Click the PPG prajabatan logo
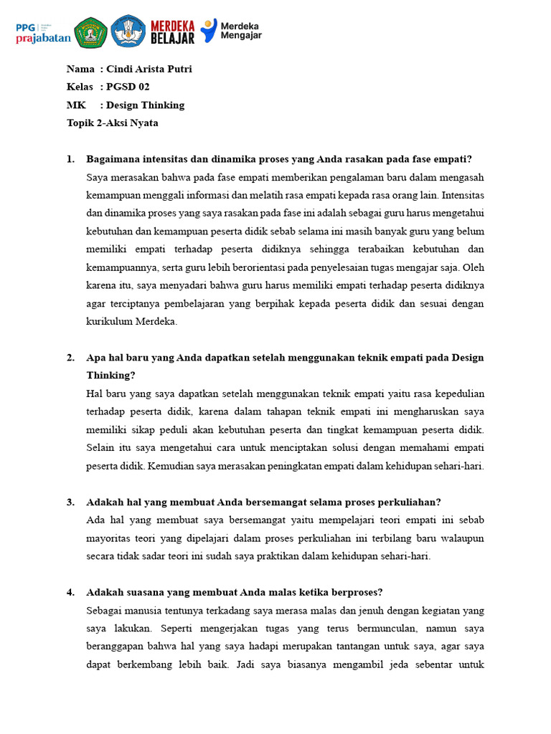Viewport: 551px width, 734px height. [43, 32]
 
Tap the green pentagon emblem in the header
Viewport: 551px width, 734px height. [92, 32]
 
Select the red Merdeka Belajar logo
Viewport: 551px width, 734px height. [171, 32]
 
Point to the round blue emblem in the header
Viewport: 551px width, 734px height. [128, 32]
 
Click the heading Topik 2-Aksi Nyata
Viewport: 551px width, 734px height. [112, 123]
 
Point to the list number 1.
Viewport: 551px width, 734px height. [70, 159]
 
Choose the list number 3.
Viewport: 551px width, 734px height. [70, 502]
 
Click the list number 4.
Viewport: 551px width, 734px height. [70, 592]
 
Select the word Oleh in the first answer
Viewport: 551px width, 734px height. [475, 268]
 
